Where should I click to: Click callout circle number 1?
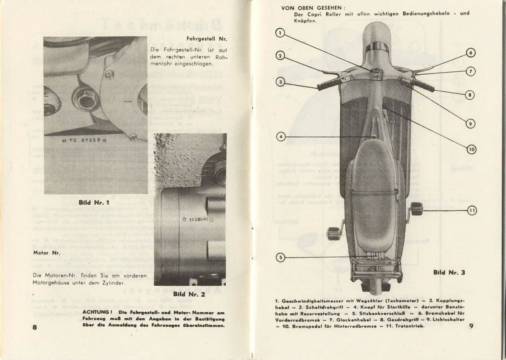click(x=279, y=32)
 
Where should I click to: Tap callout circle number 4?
click(x=281, y=136)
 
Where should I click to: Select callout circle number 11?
click(x=472, y=210)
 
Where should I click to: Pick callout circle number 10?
click(x=471, y=149)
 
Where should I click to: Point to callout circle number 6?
click(x=471, y=53)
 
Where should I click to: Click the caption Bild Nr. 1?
click(x=94, y=203)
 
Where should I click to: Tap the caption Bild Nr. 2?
click(x=189, y=294)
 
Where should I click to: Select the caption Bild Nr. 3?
click(x=449, y=272)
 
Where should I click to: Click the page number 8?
click(x=35, y=327)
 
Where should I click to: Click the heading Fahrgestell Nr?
click(x=207, y=39)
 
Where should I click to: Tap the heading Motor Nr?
click(x=46, y=253)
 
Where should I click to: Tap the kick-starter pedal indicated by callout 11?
click(x=417, y=208)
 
